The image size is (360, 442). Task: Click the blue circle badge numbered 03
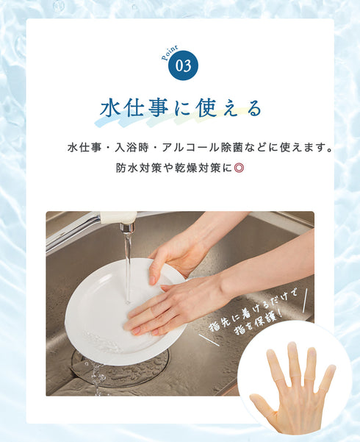pos(183,65)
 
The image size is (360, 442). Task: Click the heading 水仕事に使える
pos(180,108)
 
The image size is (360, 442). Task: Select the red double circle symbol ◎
pos(239,168)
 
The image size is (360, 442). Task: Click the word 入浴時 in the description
pos(137,147)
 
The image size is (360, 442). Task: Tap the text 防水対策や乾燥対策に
pos(173,168)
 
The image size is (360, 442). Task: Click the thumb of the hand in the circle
pos(262,402)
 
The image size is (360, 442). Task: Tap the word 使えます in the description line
pos(304,147)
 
